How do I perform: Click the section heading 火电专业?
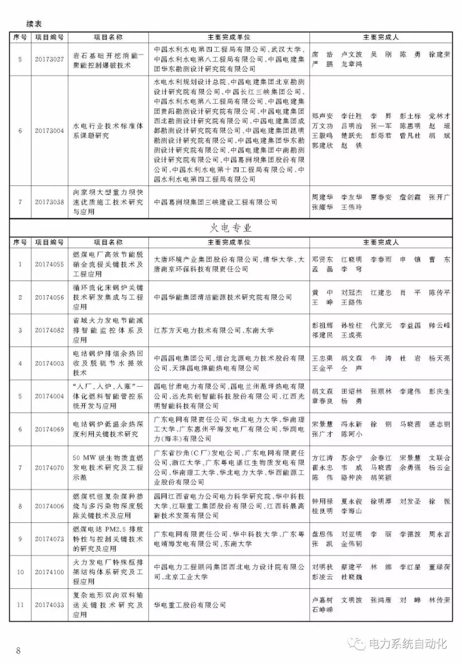[231, 228]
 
